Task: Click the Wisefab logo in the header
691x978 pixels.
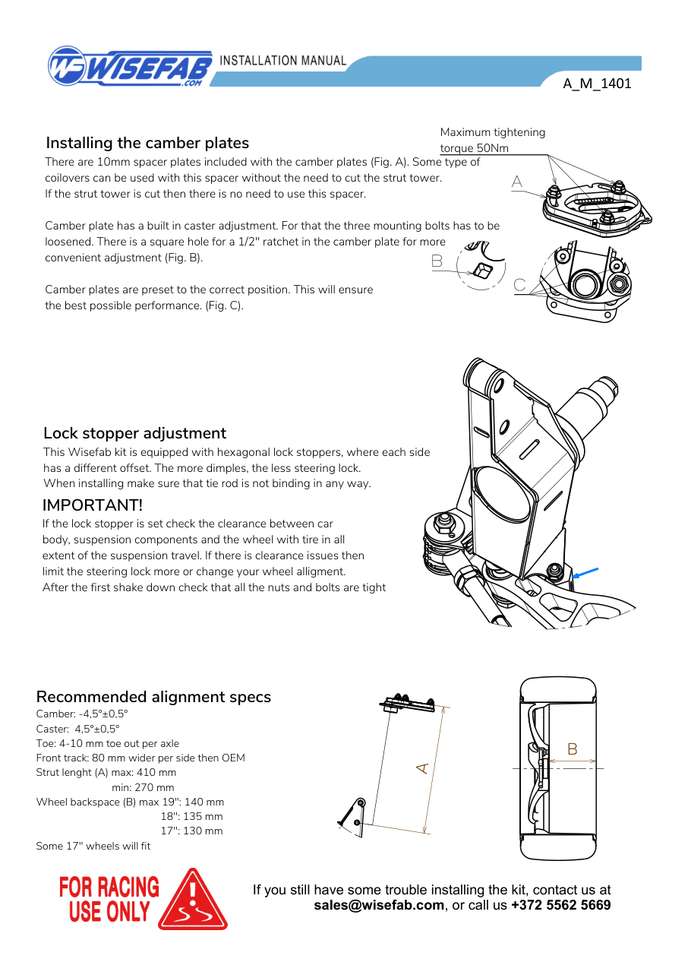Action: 130,66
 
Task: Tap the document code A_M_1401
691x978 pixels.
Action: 597,84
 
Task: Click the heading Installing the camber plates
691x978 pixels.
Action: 147,143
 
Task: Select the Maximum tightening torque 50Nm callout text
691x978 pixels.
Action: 493,140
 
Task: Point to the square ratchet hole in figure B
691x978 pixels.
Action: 482,271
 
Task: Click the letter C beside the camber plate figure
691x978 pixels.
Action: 519,285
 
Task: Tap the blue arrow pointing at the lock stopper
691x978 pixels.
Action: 585,573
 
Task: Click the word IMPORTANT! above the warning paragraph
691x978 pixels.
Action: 93,505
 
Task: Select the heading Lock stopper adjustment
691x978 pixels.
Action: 135,433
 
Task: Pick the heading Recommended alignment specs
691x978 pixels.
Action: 153,697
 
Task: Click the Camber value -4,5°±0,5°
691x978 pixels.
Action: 103,714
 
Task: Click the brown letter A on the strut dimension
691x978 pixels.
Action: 422,768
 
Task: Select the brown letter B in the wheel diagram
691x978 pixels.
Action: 573,749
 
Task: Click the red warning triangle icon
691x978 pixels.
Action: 192,900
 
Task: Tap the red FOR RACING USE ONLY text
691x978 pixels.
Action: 109,900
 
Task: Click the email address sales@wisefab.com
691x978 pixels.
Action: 379,905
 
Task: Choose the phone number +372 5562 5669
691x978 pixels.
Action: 561,905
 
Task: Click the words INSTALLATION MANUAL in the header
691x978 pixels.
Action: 283,60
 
